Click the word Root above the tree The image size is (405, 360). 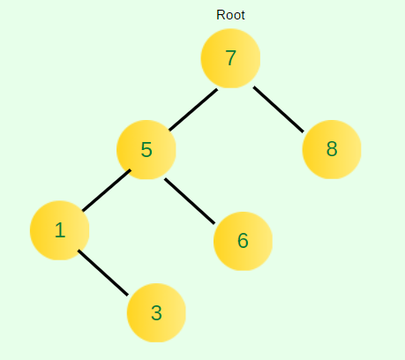coord(230,15)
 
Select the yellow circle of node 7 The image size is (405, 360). coord(230,58)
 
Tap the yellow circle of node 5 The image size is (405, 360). coord(146,150)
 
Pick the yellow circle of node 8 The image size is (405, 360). coord(332,149)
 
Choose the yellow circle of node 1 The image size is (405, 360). coord(60,230)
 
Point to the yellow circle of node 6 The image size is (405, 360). coord(243,241)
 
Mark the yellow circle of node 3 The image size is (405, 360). coord(156,312)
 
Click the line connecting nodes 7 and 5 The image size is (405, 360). coord(193,109)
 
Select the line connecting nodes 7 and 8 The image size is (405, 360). coord(279,109)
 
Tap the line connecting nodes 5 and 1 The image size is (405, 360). coord(107,191)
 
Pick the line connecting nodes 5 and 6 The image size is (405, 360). coord(190,201)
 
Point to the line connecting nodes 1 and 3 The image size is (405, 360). coord(103,273)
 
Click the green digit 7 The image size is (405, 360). coord(231,58)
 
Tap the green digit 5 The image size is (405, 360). coord(146,150)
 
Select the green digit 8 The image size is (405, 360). coord(332,149)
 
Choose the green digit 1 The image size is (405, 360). coord(60,230)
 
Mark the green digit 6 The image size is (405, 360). coord(243,241)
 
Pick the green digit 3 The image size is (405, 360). coord(156,312)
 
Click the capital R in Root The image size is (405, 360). coord(221,15)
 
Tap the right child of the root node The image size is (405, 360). coord(332,149)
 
